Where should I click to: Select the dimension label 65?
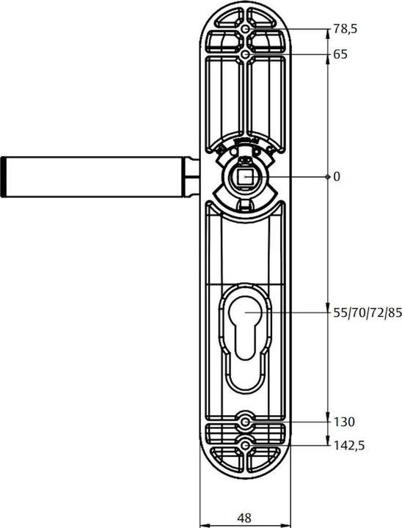point(340,54)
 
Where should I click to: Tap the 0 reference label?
point(337,177)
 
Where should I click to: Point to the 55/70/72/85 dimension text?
point(367,312)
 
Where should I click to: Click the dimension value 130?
point(343,422)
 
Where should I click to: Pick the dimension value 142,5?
point(348,444)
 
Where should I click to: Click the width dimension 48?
point(244,518)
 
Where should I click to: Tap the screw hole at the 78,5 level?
point(245,29)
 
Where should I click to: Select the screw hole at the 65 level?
point(245,54)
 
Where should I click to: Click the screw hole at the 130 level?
point(245,422)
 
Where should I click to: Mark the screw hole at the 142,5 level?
point(245,444)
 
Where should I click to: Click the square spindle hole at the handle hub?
point(245,177)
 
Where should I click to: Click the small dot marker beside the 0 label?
point(326,177)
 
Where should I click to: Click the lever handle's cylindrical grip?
point(95,177)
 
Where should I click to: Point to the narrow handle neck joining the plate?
point(193,177)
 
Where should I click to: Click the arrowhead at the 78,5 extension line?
point(326,33)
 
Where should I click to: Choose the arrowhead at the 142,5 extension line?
point(326,441)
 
